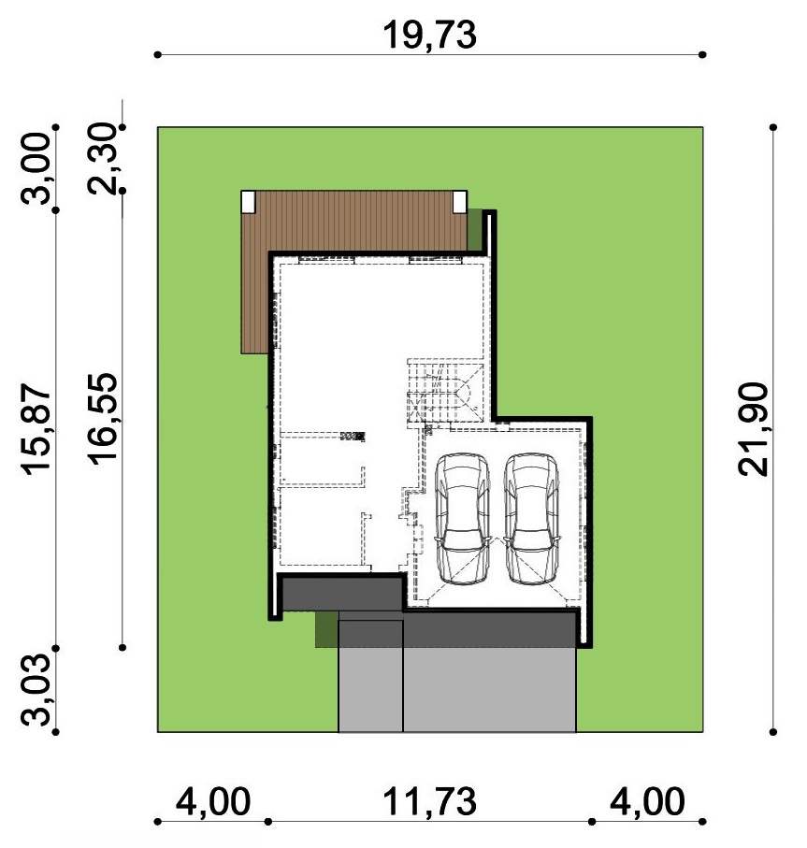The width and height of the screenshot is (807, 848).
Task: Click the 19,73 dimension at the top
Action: (429, 36)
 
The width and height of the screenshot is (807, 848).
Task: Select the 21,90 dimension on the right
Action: (753, 429)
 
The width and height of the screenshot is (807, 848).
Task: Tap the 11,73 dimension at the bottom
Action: (429, 801)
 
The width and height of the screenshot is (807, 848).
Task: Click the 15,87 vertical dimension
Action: (36, 429)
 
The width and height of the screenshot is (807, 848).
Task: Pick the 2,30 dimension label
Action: (102, 158)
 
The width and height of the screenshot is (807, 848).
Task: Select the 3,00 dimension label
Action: (36, 168)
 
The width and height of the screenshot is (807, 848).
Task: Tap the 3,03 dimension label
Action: (36, 690)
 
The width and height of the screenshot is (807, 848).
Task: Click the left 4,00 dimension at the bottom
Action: (213, 801)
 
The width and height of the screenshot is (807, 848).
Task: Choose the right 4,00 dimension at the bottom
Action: (647, 801)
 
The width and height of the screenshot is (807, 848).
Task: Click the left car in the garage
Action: (463, 519)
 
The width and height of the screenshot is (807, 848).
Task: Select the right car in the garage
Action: (531, 519)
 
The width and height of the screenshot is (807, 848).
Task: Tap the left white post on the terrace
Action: (248, 202)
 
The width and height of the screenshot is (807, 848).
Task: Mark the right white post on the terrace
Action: (460, 202)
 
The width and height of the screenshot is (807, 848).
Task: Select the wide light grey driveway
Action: (489, 690)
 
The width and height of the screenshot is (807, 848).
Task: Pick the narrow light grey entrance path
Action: (370, 676)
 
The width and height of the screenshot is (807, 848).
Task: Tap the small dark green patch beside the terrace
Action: (475, 230)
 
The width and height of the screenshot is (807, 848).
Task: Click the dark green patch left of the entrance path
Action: (327, 629)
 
